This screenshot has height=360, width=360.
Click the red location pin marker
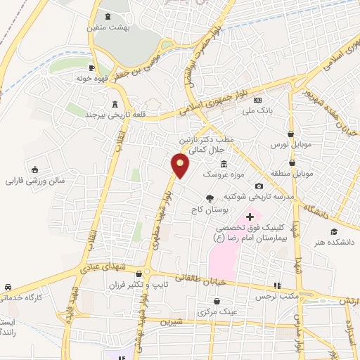click(181, 166)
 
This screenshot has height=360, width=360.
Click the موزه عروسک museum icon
click(223, 163)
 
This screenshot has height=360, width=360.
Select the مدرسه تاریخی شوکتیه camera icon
click(259, 186)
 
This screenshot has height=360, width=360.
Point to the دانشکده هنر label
click(336, 242)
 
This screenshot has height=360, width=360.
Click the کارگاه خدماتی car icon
click(7, 288)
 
